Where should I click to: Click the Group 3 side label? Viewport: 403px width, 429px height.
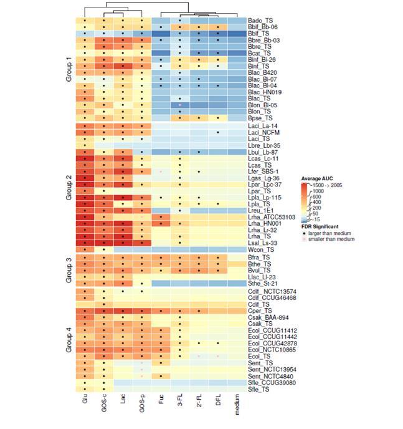click(x=69, y=268)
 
